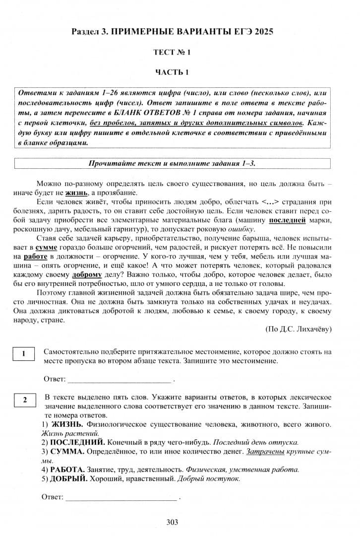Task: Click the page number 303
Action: click(x=173, y=522)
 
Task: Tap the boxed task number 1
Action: click(x=23, y=354)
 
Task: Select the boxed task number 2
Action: click(x=23, y=400)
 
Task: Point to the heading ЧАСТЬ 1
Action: click(x=172, y=72)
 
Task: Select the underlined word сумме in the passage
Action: click(x=46, y=247)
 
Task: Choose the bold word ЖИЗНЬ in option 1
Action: click(x=67, y=424)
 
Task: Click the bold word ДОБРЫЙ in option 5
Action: click(x=68, y=479)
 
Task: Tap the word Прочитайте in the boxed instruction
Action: click(x=111, y=163)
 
